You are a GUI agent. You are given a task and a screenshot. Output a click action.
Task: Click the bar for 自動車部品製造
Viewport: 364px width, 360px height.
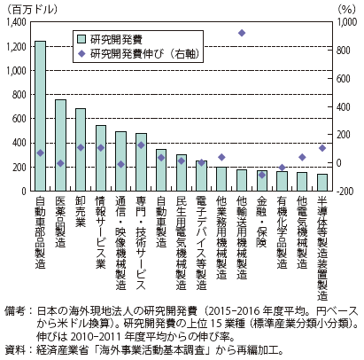40,116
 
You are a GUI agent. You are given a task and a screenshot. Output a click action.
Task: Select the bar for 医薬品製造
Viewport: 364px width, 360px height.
60,145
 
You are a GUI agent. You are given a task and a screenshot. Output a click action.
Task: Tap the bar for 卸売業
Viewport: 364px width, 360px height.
81,150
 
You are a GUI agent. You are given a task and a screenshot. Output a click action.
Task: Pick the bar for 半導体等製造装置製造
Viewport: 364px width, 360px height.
322,183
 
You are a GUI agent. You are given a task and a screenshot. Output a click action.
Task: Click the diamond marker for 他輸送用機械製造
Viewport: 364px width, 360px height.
242,33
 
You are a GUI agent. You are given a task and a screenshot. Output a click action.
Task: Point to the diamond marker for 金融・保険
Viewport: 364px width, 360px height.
262,175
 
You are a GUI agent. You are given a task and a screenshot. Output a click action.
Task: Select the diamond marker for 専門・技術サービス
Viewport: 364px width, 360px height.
141,145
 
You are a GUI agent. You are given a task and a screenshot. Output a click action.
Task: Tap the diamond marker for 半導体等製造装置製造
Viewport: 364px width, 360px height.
322,148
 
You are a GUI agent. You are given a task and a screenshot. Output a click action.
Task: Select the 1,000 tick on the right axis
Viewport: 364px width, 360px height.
346,22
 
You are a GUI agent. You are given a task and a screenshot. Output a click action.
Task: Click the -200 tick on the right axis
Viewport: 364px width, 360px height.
345,192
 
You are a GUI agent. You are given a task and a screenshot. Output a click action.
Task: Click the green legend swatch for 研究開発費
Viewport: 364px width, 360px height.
81,39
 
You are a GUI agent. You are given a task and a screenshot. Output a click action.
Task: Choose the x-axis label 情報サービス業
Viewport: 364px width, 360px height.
101,232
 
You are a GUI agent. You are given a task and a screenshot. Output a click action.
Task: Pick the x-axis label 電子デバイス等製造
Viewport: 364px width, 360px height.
201,243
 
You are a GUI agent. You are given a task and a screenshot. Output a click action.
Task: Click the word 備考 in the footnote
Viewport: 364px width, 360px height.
14,311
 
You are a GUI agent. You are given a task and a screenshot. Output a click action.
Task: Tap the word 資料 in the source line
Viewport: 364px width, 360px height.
14,350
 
